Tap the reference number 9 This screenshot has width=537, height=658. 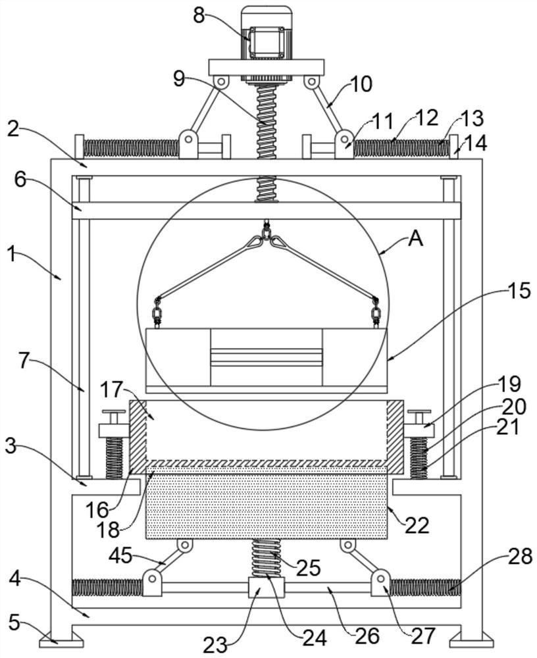click(x=179, y=78)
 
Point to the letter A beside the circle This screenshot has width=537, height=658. click(x=415, y=240)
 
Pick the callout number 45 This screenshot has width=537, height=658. click(x=120, y=557)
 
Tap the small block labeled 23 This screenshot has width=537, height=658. click(x=266, y=587)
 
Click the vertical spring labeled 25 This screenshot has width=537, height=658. click(x=266, y=558)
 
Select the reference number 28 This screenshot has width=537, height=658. click(x=521, y=557)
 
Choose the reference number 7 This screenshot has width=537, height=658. click(x=25, y=362)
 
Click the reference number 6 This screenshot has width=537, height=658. click(x=21, y=180)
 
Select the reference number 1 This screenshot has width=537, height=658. click(x=11, y=254)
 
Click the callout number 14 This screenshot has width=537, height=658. click(x=476, y=143)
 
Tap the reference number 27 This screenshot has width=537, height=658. click(x=422, y=636)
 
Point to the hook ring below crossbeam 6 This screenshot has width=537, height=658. click(x=266, y=230)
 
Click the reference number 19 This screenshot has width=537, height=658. click(x=510, y=384)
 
